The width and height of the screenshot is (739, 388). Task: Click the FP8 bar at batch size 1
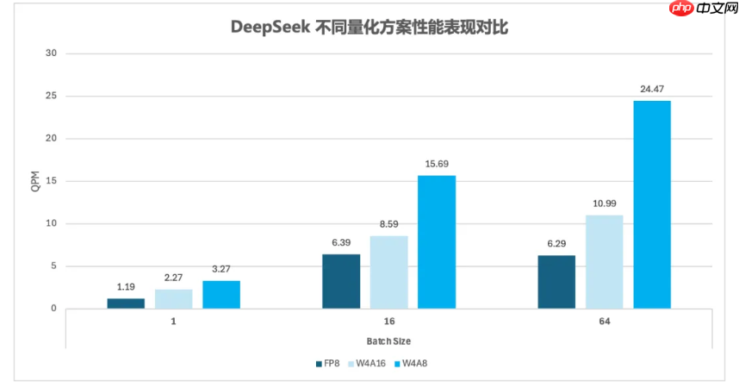[x=126, y=304]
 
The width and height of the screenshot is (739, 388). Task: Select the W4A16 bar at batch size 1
[x=174, y=299]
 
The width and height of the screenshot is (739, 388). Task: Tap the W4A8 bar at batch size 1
[x=221, y=295]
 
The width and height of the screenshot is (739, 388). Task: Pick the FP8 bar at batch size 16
[x=341, y=281]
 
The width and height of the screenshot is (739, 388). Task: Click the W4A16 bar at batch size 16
[x=388, y=272]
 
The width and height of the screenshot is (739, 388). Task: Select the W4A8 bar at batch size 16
[x=437, y=242]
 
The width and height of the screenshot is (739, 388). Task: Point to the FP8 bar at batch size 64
[x=556, y=282]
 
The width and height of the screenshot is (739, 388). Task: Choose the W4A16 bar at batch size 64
[x=604, y=262]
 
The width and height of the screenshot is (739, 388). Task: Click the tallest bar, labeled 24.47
[x=652, y=204]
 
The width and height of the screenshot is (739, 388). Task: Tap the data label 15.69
[x=437, y=164]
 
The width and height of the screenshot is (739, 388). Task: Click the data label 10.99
[x=604, y=203]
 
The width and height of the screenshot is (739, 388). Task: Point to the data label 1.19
[x=126, y=286]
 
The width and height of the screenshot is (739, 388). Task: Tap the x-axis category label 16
[x=389, y=322]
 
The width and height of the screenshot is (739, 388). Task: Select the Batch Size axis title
[x=389, y=341]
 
